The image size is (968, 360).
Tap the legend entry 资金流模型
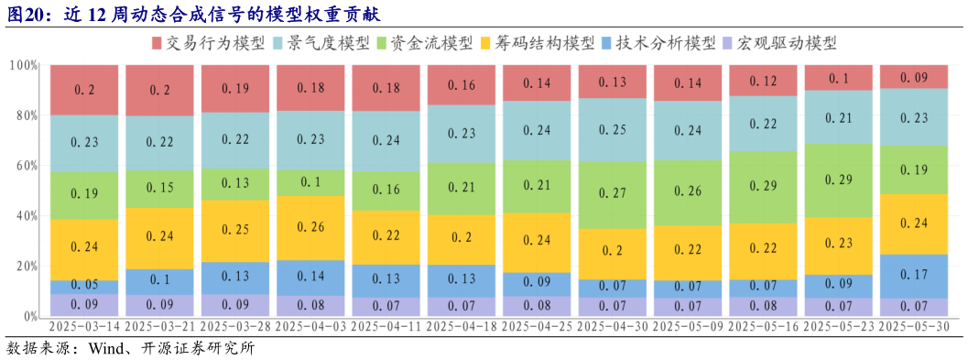pos(431,43)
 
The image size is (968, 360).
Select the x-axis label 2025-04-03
pos(311,327)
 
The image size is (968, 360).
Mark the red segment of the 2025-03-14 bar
pos(84,90)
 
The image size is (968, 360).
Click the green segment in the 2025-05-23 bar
pos(839,180)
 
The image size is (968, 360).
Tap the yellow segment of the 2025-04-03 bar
pos(311,227)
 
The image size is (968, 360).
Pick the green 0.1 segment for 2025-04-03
pos(311,182)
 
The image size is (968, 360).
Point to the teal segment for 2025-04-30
pos(613,130)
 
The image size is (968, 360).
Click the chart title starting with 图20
pos(192,16)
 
